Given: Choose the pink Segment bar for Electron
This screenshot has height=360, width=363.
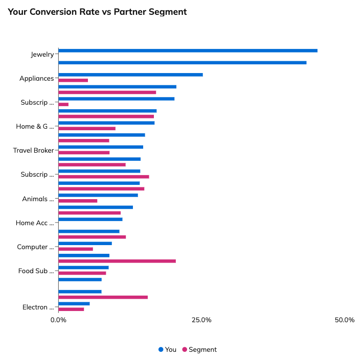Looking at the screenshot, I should (71, 309).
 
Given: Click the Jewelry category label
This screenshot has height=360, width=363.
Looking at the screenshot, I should (42, 54).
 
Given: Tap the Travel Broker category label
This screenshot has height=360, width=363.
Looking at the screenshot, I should (33, 151).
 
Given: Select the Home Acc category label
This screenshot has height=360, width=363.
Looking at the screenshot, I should (34, 223).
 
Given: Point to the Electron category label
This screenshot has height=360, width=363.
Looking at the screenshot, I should (38, 307).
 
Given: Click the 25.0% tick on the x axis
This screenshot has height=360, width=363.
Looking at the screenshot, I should (201, 320).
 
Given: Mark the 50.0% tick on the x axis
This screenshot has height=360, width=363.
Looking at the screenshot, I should (345, 320).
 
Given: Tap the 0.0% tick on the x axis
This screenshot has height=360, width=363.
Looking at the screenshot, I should (58, 320).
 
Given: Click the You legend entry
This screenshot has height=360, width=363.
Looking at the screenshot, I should (167, 350).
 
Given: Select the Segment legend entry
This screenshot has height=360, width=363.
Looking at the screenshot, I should (199, 350).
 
